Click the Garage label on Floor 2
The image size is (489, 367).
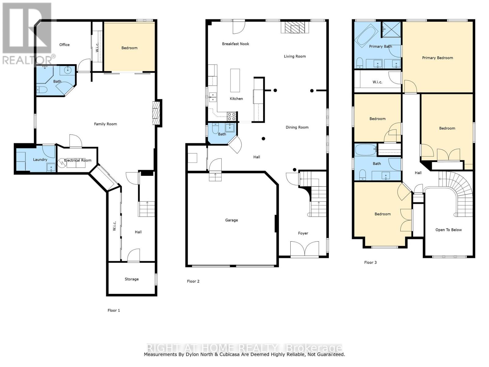(231, 220)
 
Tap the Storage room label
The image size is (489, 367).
(132, 279)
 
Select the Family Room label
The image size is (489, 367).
(105, 124)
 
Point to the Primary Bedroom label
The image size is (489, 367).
(438, 58)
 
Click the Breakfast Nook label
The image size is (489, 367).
(235, 44)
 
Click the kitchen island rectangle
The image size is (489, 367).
(235, 80)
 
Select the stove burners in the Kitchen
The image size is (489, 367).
(231, 117)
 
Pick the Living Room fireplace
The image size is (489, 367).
(295, 28)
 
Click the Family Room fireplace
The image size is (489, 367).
(156, 113)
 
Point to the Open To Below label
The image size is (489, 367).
(448, 230)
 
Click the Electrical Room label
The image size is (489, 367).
(78, 161)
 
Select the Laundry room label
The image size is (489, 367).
(40, 160)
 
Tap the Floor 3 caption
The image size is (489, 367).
(370, 262)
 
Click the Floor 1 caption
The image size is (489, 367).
(114, 310)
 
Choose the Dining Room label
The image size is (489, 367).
(297, 128)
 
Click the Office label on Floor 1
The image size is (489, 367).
(64, 45)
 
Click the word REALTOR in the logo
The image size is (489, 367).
(27, 60)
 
